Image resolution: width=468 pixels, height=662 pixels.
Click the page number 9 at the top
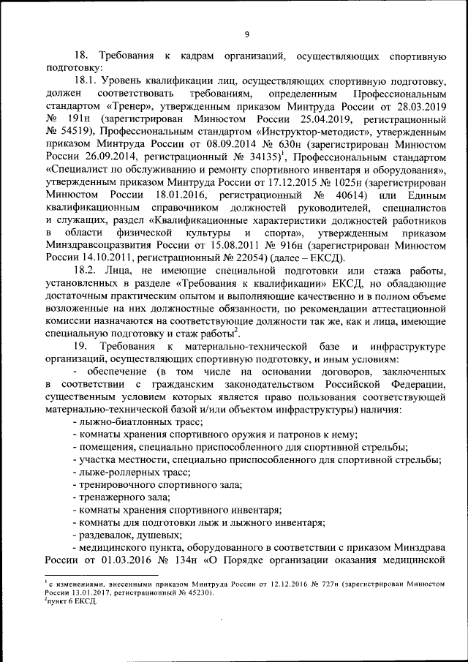pyautogui.click(x=246, y=34)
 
